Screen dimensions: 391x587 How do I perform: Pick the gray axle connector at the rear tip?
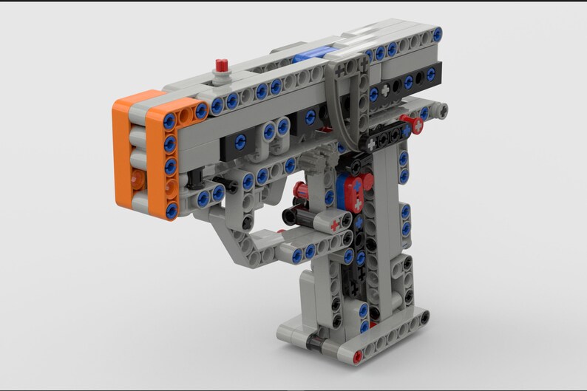click(441, 111)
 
